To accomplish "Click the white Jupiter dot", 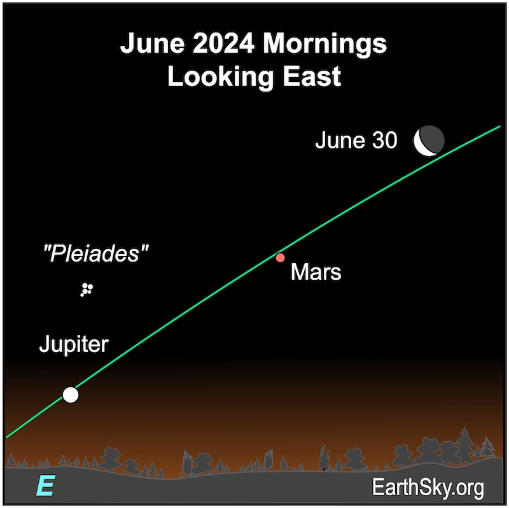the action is coord(71,395).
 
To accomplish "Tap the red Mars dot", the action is coord(280,258).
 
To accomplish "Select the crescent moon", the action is coord(429,141).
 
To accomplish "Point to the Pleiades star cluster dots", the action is coord(87,290).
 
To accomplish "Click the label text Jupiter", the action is coord(74,344).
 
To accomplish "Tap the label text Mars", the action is coord(316,272).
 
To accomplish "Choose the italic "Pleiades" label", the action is coord(96,253).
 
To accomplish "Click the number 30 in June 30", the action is coord(385,140).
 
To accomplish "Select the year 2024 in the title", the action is coord(223,43).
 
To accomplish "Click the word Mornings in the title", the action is coord(324,45).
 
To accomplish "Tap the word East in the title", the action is coord(312,76).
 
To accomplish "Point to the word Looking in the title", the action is coord(220,78).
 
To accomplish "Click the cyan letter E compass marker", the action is coord(46,485).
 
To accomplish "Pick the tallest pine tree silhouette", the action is coord(464,446).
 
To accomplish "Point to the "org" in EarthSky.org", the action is coord(470,490).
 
